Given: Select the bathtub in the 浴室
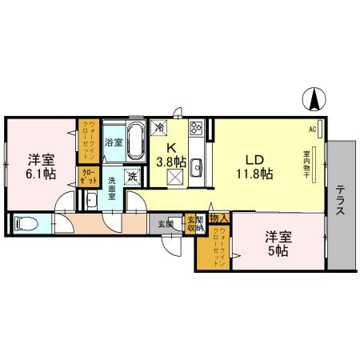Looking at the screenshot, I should (x=135, y=142).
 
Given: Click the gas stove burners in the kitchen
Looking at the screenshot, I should (x=197, y=127).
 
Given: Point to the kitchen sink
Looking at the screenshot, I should (x=196, y=167).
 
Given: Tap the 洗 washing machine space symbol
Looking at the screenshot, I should (x=134, y=175).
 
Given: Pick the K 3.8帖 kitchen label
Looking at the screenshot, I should (x=171, y=154).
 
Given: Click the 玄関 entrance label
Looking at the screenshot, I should (x=165, y=223).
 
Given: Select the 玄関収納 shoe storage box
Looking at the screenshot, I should (x=192, y=223).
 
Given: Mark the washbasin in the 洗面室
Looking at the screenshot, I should (x=92, y=202).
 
